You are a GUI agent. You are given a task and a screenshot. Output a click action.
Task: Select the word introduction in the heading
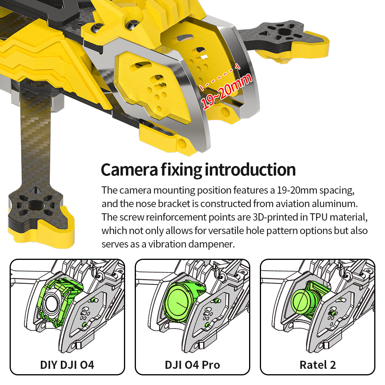[250, 169]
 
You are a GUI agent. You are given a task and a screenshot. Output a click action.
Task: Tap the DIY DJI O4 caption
[67, 364]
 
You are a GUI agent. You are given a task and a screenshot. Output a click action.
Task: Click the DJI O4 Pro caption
[192, 364]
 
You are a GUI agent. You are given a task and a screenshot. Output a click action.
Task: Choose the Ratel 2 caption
[318, 364]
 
